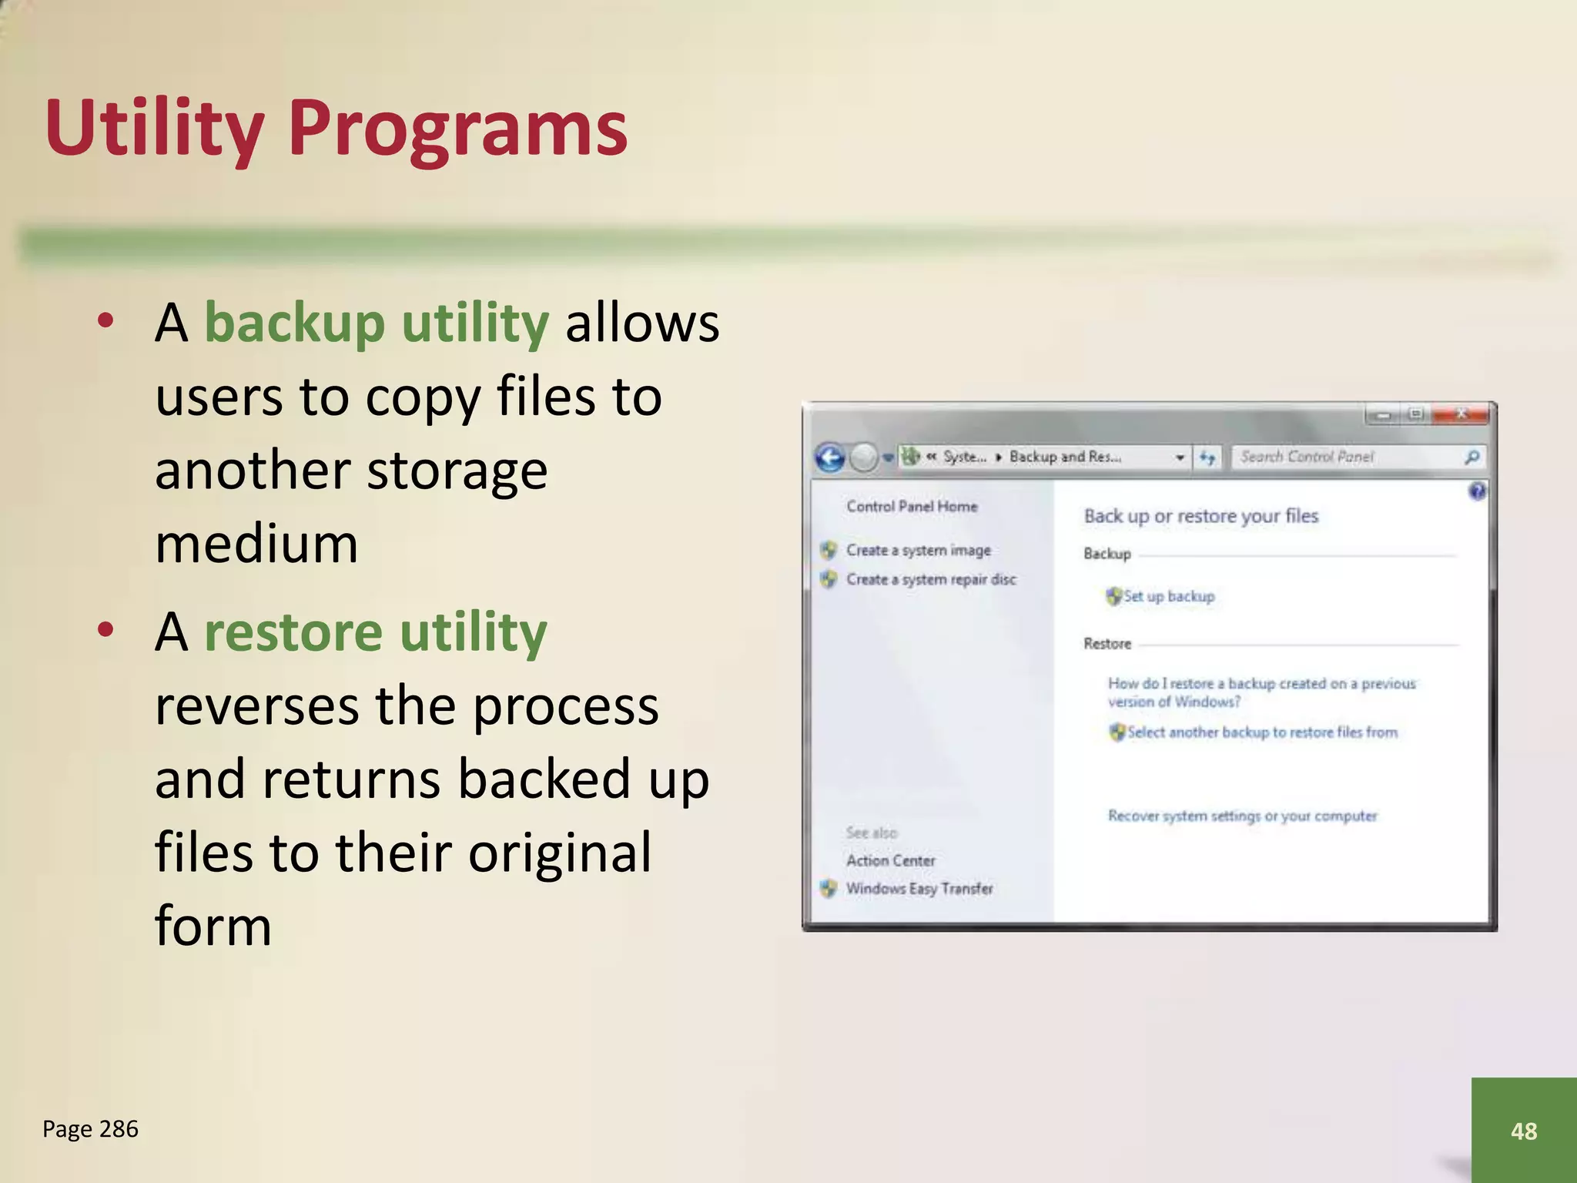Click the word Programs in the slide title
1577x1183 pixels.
457,129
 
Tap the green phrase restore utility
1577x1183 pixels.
375,632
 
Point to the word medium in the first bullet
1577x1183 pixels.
256,544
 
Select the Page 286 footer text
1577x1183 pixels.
90,1129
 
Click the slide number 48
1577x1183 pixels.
1523,1131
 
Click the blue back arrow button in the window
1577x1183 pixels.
830,457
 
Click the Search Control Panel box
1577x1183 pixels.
1348,457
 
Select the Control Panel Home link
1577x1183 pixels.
912,506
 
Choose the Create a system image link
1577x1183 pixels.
918,550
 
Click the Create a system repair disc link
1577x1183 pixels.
930,579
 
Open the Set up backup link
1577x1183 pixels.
1168,596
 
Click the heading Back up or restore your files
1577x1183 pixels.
1200,516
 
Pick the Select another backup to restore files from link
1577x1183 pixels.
1261,732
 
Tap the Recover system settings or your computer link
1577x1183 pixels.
1242,816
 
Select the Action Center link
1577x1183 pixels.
890,860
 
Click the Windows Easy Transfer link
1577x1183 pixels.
919,889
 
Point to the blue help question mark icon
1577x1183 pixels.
1477,491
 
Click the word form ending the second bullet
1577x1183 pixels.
213,926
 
